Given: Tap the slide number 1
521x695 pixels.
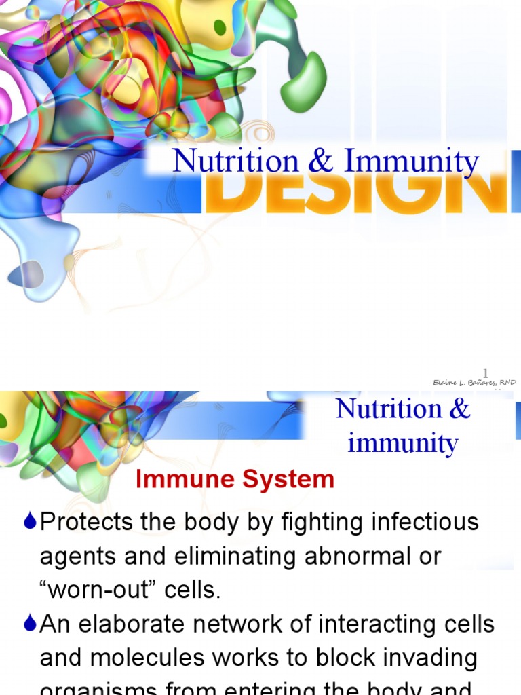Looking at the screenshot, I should [x=485, y=372].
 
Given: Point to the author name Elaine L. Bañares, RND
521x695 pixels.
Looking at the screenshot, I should [x=475, y=383].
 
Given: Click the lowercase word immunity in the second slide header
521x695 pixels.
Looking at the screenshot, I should [x=403, y=444].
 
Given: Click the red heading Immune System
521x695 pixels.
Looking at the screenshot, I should [x=235, y=480].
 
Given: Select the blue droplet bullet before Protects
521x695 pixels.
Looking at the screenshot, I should [x=29, y=522].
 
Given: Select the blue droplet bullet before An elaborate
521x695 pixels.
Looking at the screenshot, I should [x=29, y=624].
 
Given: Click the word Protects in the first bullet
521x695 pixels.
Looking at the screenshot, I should [x=85, y=522].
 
